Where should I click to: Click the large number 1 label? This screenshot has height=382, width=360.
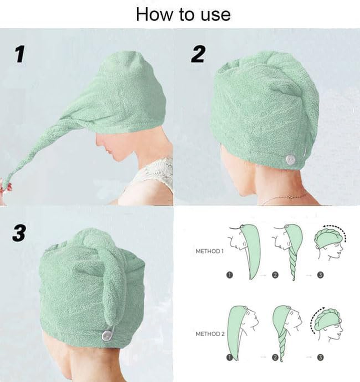click(18, 54)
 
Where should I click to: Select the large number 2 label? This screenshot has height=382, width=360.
click(198, 53)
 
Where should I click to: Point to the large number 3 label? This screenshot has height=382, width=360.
click(18, 232)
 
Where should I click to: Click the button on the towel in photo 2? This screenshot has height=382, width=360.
click(291, 158)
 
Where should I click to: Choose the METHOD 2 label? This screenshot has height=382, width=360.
click(209, 334)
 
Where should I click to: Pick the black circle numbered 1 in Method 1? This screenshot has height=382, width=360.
click(229, 274)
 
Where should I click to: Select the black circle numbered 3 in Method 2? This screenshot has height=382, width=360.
click(320, 357)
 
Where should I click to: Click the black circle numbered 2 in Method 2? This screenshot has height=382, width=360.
click(275, 357)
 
